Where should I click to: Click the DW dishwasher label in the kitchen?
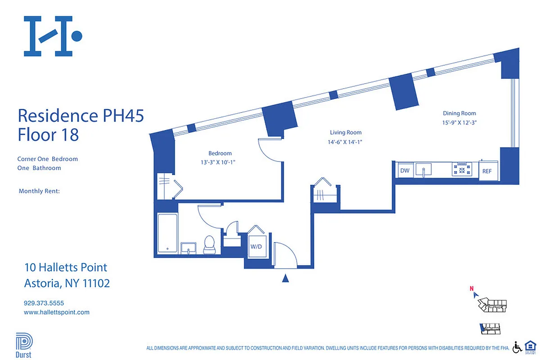pyautogui.click(x=404, y=171)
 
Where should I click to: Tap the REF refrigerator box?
pyautogui.click(x=487, y=171)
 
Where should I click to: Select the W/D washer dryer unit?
pyautogui.click(x=257, y=247)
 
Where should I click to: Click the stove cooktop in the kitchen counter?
pyautogui.click(x=462, y=170)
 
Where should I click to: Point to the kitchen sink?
pyautogui.click(x=423, y=170)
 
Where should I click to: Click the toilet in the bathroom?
pyautogui.click(x=210, y=244)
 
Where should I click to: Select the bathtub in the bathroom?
pyautogui.click(x=167, y=234)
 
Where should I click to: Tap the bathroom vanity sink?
pyautogui.click(x=189, y=248)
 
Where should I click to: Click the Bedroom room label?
pyautogui.click(x=220, y=153)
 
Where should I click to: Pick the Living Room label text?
pyautogui.click(x=345, y=132)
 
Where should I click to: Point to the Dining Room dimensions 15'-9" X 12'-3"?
pyautogui.click(x=459, y=122)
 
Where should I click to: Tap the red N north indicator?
pyautogui.click(x=471, y=289)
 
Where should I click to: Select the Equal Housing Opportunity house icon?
pyautogui.click(x=530, y=347)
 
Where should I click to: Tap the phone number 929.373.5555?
pyautogui.click(x=44, y=303)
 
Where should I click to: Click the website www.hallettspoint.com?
pyautogui.click(x=56, y=312)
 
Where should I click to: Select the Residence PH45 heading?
pyautogui.click(x=81, y=116)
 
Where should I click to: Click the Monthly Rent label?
pyautogui.click(x=39, y=191)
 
